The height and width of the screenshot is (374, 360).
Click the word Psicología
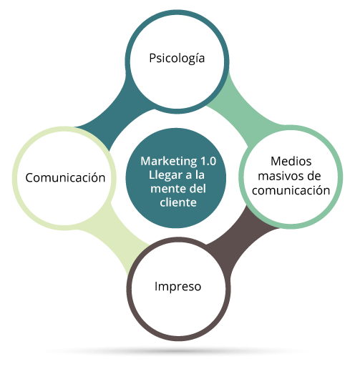click(x=177, y=58)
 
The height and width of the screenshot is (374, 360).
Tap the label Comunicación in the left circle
click(x=65, y=177)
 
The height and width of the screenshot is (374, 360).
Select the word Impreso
click(x=177, y=287)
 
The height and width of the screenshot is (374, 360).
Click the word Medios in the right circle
click(x=291, y=162)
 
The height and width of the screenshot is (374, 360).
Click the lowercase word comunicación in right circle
click(x=291, y=190)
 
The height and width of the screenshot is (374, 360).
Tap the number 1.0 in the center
click(x=208, y=161)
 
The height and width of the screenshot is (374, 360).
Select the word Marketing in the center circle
click(x=168, y=162)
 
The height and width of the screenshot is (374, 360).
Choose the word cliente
click(x=178, y=202)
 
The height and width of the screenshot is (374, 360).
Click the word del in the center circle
click(x=198, y=189)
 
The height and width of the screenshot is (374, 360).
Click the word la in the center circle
click(x=200, y=175)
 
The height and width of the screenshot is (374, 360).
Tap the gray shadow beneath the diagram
click(x=177, y=350)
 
